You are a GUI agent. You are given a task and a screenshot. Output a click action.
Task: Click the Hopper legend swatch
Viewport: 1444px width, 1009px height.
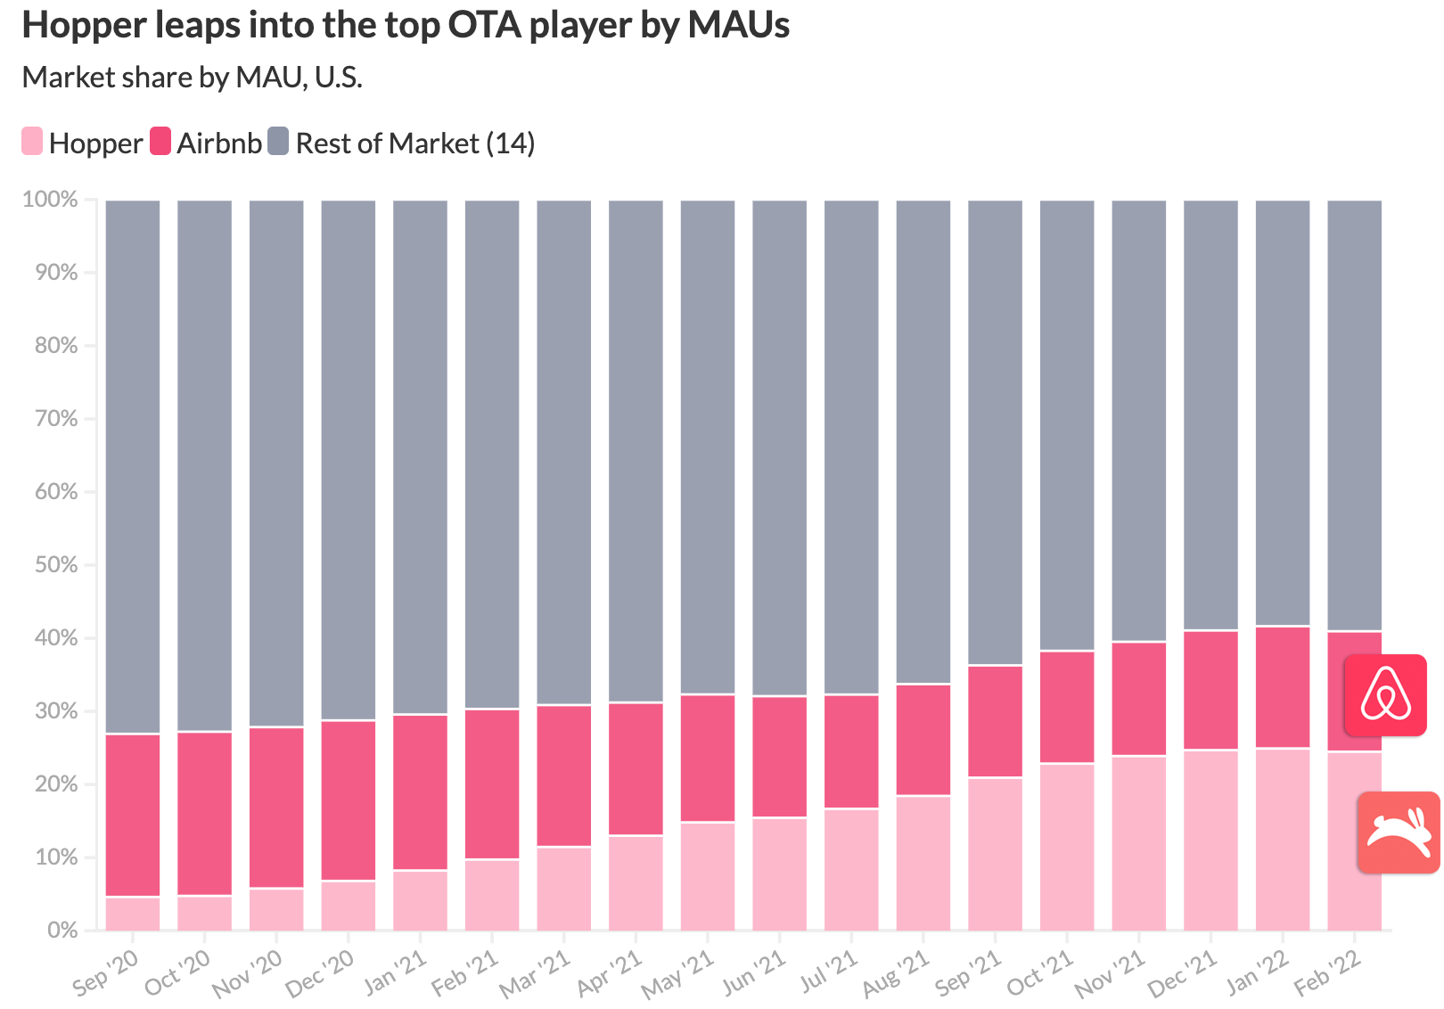32,142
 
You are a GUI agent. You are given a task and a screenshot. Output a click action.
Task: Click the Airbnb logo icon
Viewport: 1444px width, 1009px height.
1385,695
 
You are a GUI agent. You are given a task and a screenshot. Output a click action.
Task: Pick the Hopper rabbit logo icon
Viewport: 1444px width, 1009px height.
1398,832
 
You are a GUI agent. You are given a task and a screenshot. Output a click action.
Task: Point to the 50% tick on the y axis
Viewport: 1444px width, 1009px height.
56,565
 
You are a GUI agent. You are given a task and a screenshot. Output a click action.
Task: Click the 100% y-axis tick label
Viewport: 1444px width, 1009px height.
51,200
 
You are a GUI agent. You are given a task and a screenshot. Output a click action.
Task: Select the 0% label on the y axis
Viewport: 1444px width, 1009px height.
62,930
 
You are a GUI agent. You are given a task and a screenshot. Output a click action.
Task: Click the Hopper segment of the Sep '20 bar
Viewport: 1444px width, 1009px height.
133,914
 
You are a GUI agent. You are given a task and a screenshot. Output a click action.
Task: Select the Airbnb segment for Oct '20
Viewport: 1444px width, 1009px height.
205,813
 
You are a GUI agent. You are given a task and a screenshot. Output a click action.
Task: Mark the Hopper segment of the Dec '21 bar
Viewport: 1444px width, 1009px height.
1210,840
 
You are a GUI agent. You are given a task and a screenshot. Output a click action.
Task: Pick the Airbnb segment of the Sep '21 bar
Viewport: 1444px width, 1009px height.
995,721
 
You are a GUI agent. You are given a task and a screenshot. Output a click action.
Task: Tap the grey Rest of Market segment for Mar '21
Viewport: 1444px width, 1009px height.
564,452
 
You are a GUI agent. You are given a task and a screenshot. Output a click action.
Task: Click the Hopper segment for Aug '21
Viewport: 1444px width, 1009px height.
923,863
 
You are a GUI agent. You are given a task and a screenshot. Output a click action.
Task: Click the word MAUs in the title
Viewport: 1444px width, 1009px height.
738,25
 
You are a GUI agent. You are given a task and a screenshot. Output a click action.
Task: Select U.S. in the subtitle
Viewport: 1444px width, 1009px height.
339,78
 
